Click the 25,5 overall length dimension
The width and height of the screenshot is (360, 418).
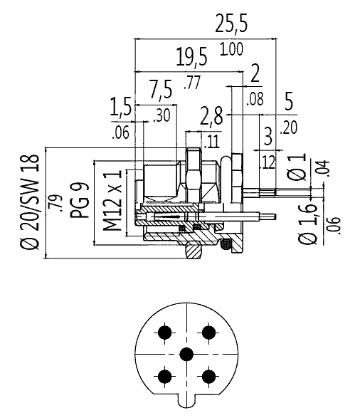(x=231, y=23)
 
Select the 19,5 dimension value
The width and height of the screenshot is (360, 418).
(x=191, y=56)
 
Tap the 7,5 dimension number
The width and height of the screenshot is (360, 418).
(x=161, y=90)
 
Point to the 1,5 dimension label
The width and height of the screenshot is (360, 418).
(x=121, y=107)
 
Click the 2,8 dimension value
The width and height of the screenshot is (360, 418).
(x=211, y=116)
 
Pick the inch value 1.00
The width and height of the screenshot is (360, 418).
(x=231, y=49)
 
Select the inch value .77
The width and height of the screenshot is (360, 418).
(x=191, y=83)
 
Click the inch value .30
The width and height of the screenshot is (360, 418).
(x=162, y=115)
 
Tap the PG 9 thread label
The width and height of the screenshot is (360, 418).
(x=80, y=200)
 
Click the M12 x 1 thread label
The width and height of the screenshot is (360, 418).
(x=112, y=201)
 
